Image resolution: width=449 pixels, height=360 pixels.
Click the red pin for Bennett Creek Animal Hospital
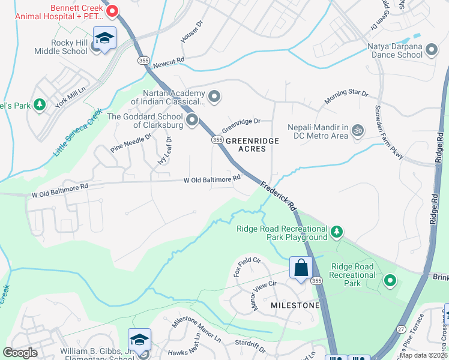pos(112,11)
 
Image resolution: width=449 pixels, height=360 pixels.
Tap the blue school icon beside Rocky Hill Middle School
pos(105,39)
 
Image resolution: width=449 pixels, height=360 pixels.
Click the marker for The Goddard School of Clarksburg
pos(192,121)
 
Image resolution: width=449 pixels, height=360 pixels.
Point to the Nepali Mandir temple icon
pos(358,130)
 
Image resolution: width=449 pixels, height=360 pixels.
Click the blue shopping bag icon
pos(301,268)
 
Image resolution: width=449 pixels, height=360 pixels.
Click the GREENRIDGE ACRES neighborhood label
pos(252,145)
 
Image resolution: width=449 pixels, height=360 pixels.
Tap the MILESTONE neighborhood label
pos(295,305)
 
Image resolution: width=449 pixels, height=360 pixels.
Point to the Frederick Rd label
pos(279,196)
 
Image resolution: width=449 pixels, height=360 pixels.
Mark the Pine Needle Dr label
pos(131,143)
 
